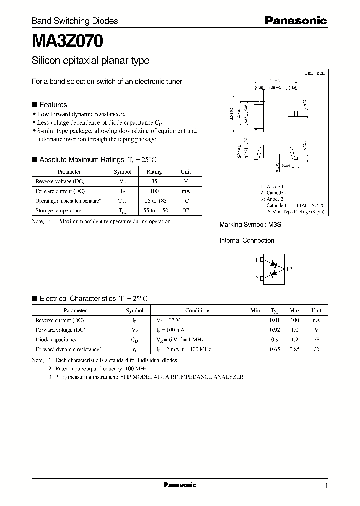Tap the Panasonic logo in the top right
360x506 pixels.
click(x=295, y=21)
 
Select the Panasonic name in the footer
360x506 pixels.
click(x=180, y=485)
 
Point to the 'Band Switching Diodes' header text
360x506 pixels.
click(x=75, y=21)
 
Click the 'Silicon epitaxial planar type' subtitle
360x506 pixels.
click(x=90, y=61)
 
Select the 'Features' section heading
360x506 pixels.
click(x=53, y=105)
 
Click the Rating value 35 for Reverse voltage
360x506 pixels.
click(x=154, y=181)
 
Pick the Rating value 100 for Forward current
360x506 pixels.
click(x=154, y=191)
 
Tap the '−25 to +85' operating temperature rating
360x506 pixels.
click(x=154, y=201)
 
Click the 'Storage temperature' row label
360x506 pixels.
click(x=58, y=211)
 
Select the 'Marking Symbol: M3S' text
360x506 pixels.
click(x=251, y=225)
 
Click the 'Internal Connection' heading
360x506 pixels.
click(x=247, y=241)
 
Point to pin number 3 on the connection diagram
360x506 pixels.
click(x=291, y=269)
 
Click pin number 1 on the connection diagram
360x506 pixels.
click(x=256, y=260)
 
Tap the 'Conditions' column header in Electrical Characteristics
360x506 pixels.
click(x=197, y=310)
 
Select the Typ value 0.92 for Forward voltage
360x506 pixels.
click(x=274, y=330)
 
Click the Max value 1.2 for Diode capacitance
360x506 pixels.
click(x=295, y=339)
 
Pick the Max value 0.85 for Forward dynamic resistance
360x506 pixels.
click(x=295, y=349)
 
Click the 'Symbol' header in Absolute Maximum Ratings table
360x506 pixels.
click(x=123, y=172)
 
